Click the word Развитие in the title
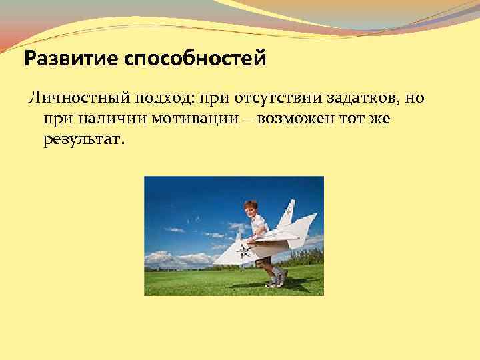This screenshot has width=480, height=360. pos(65,60)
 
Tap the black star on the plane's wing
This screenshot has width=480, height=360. pos(243,251)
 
